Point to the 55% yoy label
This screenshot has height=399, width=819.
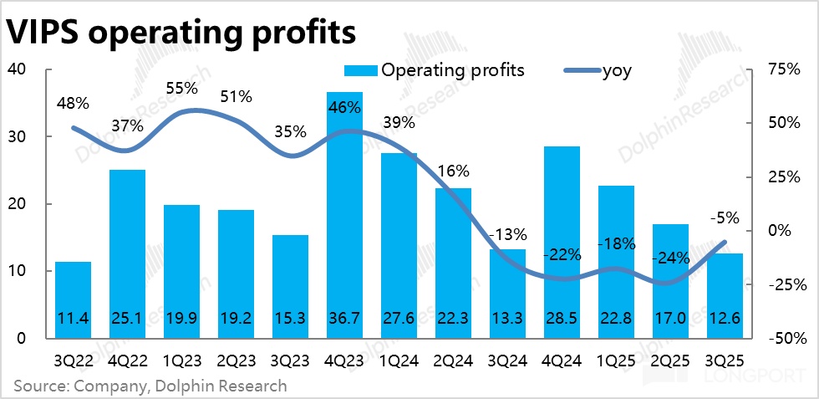tap(181, 87)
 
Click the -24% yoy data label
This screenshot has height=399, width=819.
tap(670, 257)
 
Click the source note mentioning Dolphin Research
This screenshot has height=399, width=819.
tap(150, 386)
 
